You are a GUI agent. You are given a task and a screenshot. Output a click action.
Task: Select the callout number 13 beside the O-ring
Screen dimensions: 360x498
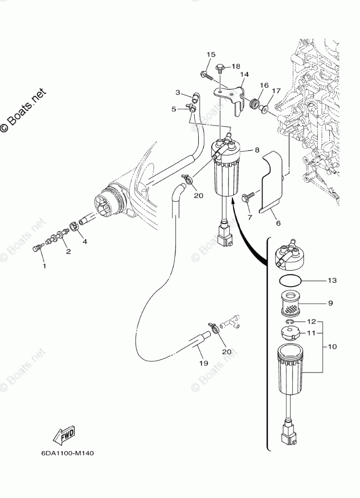(332, 280)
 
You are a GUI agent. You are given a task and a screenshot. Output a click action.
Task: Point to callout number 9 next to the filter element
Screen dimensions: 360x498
(331, 303)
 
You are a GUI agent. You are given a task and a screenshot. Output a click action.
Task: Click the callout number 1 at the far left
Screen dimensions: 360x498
(43, 265)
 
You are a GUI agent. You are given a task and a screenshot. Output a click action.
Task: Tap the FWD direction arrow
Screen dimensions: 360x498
(64, 435)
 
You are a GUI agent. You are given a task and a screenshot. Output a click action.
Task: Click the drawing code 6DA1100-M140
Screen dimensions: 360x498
(68, 452)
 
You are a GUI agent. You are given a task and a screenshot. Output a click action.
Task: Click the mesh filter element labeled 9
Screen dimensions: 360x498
(292, 305)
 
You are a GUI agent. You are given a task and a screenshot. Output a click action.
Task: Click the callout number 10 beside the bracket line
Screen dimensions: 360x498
(332, 347)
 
